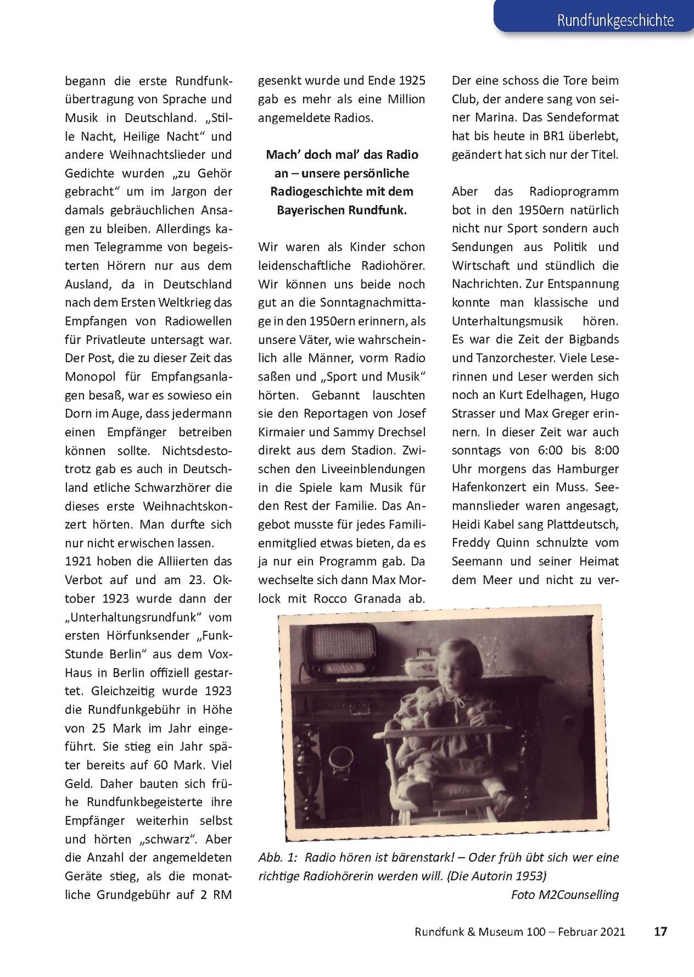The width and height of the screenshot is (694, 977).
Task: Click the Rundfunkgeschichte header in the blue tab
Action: tap(615, 20)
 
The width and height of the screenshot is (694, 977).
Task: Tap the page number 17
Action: tap(660, 932)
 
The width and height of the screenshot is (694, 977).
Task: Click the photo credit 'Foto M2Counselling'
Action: tap(565, 894)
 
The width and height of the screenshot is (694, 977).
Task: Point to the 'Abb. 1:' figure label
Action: tap(278, 858)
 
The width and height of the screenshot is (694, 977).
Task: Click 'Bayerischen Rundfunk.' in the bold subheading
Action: tap(342, 210)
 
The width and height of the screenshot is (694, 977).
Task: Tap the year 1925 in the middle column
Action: tap(412, 81)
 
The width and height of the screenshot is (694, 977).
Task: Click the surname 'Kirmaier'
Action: tap(282, 432)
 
